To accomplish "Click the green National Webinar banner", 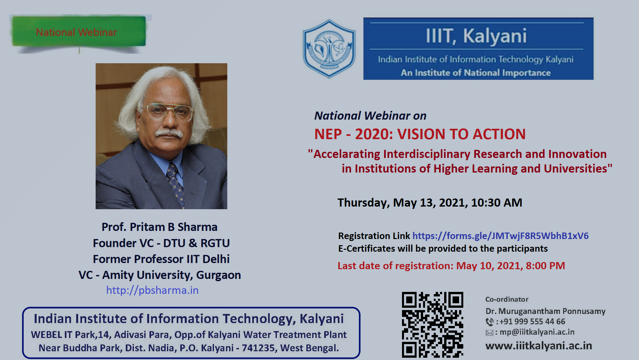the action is tap(79, 31).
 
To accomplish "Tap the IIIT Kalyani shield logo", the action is tap(329, 49).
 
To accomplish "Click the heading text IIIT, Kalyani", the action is tap(476, 36).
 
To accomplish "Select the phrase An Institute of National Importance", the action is tap(476, 73).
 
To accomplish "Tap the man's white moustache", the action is tap(169, 133).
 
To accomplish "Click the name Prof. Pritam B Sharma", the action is tap(160, 227).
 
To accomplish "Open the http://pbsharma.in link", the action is tap(152, 290).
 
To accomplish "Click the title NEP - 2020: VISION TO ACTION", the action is tap(420, 134).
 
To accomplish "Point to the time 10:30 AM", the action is tap(497, 202).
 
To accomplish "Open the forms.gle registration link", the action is tap(500, 236).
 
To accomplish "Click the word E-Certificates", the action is tap(367, 248).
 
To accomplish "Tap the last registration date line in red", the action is tap(451, 266).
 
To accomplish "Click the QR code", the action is tap(432, 325).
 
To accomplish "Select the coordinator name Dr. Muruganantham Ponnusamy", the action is tap(545, 311).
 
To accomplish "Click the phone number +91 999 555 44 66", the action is tap(532, 321).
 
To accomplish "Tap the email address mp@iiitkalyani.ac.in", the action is tap(537, 332).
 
